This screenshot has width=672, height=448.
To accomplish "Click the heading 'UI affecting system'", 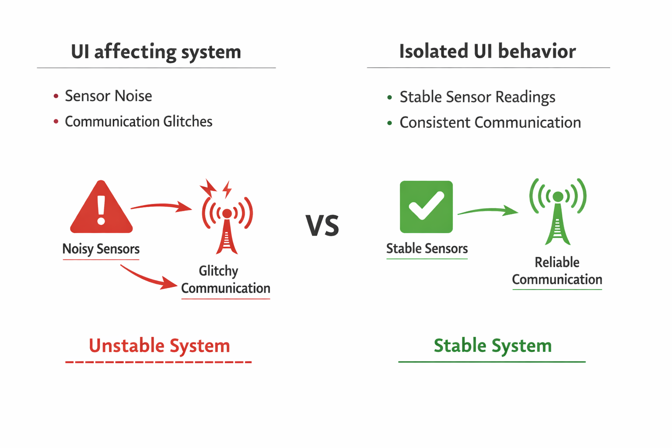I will (156, 52).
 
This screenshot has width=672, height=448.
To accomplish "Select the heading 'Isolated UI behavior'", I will (487, 51).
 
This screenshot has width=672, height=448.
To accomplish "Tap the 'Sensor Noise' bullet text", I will (108, 96).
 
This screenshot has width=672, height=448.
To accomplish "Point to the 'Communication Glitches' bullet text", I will (138, 121).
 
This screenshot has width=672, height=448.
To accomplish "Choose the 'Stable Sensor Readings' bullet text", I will (477, 97).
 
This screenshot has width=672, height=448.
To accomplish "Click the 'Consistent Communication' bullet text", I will (490, 122).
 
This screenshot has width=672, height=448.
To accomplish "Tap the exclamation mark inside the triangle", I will (101, 209).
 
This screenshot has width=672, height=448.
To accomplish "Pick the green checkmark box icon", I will (426, 206).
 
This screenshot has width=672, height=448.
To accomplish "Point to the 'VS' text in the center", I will (322, 226).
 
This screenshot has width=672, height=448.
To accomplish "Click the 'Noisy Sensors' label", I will (101, 249).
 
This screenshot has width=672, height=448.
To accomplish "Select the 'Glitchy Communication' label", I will (225, 280).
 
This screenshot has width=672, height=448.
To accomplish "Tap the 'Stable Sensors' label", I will (427, 248).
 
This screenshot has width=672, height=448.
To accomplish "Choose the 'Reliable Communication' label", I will (557, 271).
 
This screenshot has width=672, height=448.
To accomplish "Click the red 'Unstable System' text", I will (159, 346).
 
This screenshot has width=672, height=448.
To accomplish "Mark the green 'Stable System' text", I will (492, 346).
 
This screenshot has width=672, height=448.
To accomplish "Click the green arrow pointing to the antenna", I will (487, 211).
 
